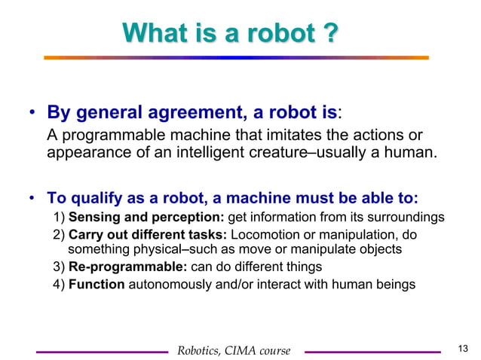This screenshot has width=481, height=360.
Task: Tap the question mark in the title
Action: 329,34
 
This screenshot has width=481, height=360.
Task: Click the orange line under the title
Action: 235,58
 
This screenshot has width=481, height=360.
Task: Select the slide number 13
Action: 463,347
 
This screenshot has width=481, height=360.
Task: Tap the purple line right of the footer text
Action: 372,351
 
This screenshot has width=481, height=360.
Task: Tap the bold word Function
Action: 97,285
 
